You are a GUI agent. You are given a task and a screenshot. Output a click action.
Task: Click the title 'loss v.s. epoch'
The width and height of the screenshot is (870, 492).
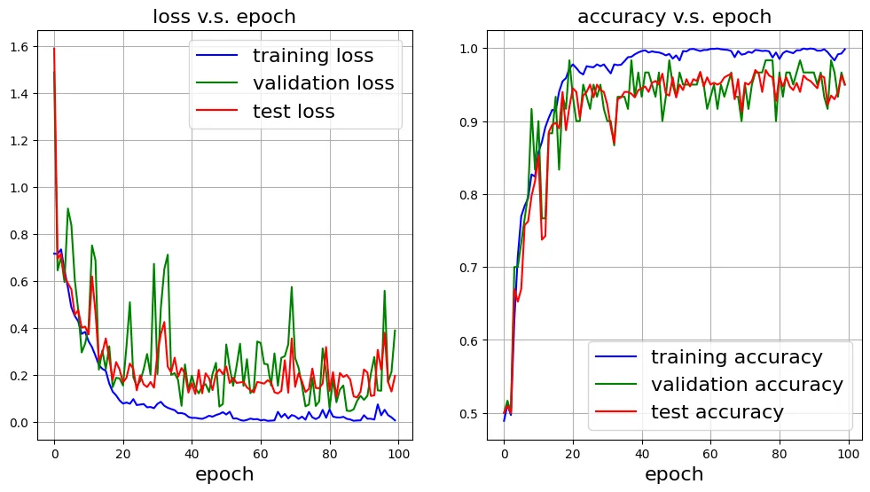pos(224,17)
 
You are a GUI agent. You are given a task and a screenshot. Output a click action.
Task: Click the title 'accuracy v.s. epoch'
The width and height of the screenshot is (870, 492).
pos(674,17)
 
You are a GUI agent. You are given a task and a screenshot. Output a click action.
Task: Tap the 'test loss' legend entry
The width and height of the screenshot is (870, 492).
pos(294,112)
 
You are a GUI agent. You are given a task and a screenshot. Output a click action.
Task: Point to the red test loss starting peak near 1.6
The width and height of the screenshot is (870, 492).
pos(54,49)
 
